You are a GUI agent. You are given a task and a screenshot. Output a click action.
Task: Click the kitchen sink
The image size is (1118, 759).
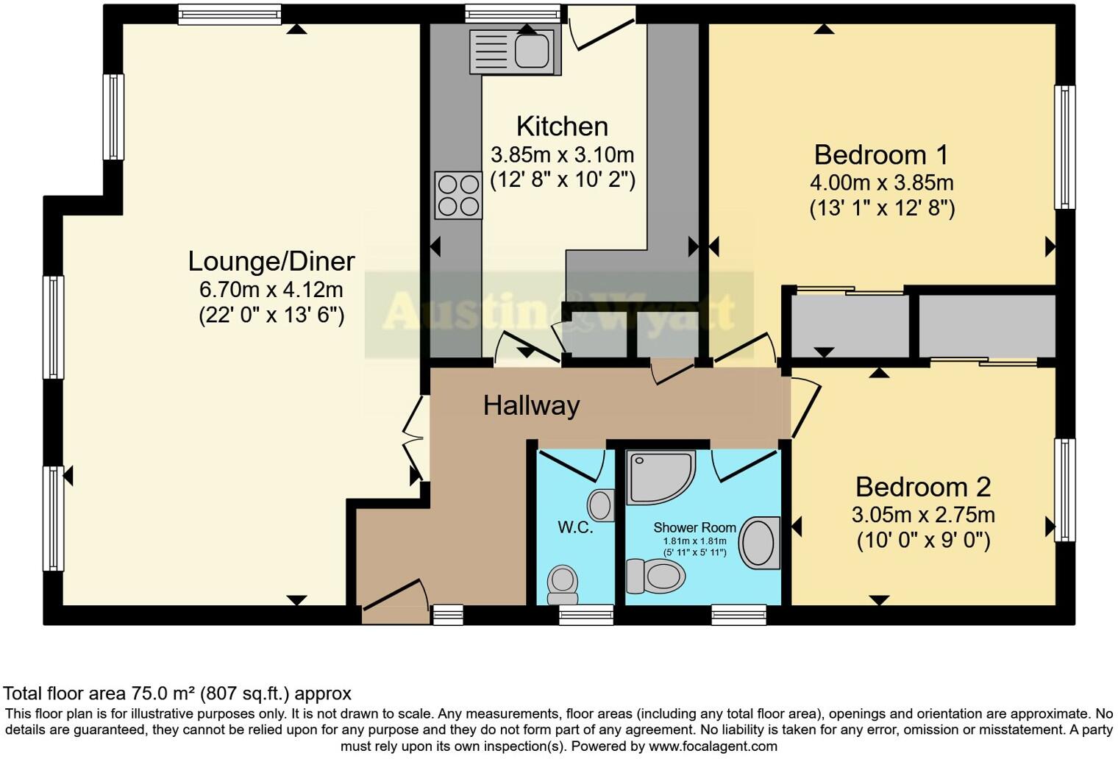click(x=515, y=51)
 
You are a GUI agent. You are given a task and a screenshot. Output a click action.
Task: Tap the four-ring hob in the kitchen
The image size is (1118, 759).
click(x=458, y=196)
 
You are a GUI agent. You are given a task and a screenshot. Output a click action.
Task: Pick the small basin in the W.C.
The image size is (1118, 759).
click(x=601, y=505)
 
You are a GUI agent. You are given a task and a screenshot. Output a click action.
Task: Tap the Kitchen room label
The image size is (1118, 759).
click(x=562, y=126)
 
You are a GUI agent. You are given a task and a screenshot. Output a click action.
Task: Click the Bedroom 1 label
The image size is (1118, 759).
click(x=881, y=155)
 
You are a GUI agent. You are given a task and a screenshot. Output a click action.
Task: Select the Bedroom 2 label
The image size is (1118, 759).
click(x=922, y=487)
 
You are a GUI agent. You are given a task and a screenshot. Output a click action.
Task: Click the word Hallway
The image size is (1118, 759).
click(x=531, y=405)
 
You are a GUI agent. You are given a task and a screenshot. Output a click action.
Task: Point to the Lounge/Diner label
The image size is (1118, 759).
click(x=271, y=261)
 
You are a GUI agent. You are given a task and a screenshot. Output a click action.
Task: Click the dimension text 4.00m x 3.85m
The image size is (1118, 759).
click(x=881, y=182)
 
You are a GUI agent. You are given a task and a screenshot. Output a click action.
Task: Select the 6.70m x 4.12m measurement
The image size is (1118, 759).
click(x=271, y=289)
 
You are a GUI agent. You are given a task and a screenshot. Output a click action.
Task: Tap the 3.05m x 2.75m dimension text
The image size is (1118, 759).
click(x=922, y=514)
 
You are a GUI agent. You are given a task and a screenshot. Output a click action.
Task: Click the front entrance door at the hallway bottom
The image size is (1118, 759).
click(x=394, y=596)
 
